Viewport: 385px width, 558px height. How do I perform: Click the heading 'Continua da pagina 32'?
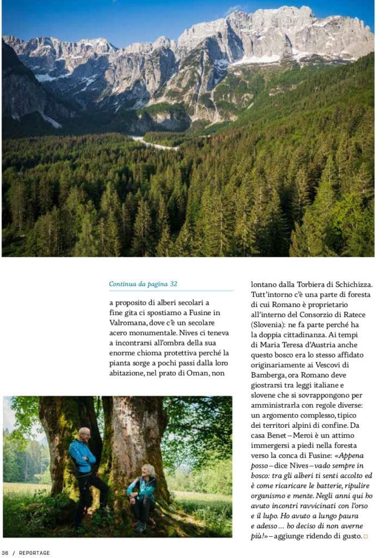click(x=143, y=284)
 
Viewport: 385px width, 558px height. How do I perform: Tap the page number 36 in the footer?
click(x=5, y=553)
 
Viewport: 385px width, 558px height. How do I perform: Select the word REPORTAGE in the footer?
click(x=34, y=553)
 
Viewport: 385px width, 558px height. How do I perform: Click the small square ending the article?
click(x=365, y=537)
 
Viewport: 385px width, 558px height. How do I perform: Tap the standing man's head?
click(x=84, y=434)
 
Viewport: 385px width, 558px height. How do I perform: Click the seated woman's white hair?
click(x=148, y=470)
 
